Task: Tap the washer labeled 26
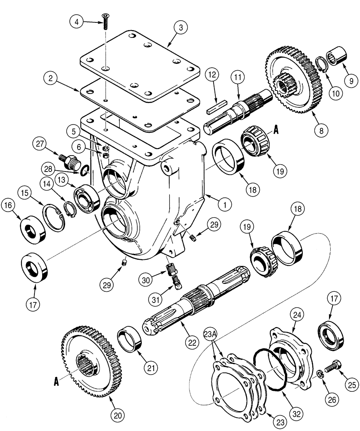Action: pyautogui.click(x=320, y=373)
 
